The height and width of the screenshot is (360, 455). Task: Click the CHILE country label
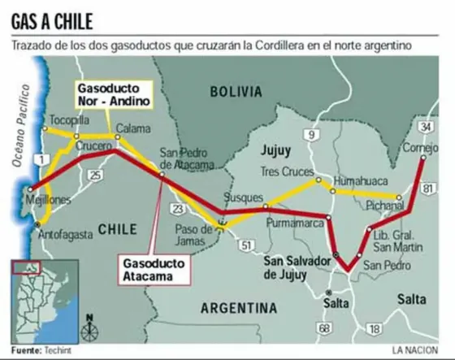116,229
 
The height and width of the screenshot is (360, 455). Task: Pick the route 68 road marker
325,328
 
